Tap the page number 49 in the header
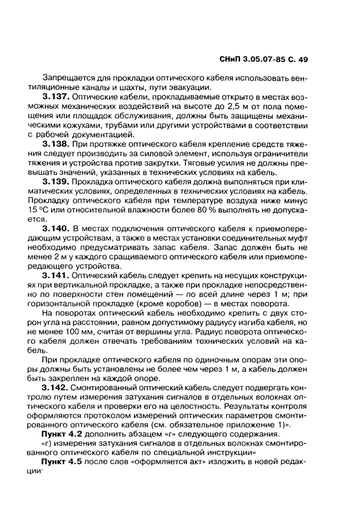[x=302, y=60]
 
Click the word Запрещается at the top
[x=67, y=78]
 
